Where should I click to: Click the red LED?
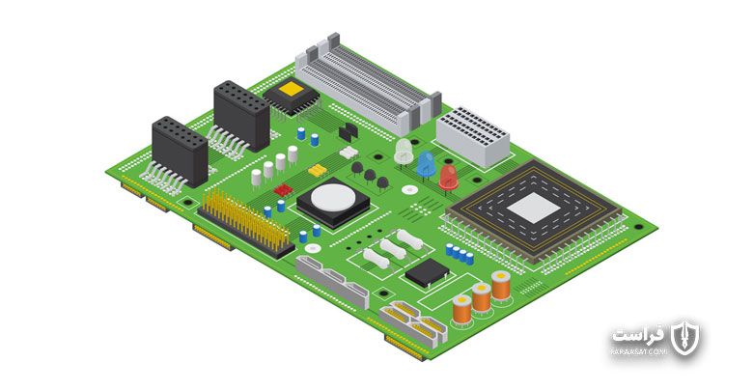click(448, 178)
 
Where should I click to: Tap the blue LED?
click(426, 164)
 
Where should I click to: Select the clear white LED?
click(404, 151)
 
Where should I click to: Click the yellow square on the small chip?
click(291, 89)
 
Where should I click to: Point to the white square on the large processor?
click(534, 208)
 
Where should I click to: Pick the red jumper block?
click(283, 190)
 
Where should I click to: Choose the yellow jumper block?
click(318, 170)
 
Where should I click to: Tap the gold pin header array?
click(246, 222)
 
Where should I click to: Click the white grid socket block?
click(472, 137)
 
